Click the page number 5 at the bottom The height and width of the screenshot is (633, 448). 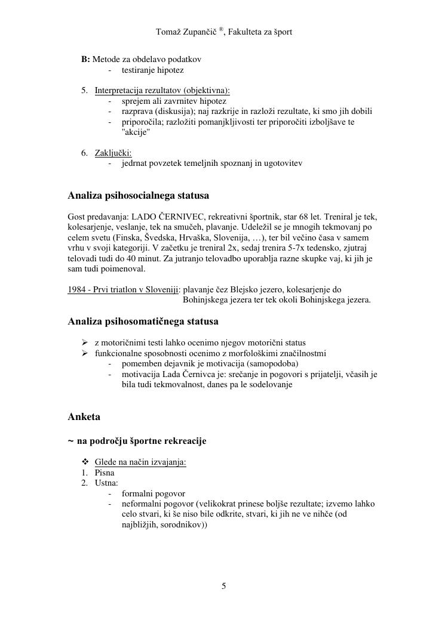(x=224, y=586)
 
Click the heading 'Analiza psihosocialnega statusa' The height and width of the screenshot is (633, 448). (x=139, y=196)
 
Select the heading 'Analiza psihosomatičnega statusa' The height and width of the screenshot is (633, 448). (x=143, y=322)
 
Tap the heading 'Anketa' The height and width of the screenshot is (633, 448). (x=84, y=416)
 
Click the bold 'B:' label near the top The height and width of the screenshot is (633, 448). (x=85, y=60)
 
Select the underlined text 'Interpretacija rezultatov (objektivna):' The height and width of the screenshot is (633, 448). (x=162, y=91)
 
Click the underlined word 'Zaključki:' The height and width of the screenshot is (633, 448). (x=113, y=153)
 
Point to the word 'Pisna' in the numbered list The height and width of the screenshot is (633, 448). (x=105, y=473)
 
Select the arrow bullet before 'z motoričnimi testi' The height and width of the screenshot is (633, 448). (x=85, y=342)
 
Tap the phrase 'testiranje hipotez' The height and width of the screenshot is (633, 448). (x=152, y=70)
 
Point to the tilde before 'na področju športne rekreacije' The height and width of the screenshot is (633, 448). (x=71, y=441)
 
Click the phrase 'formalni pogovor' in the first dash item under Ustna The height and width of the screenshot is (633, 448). (x=154, y=493)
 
